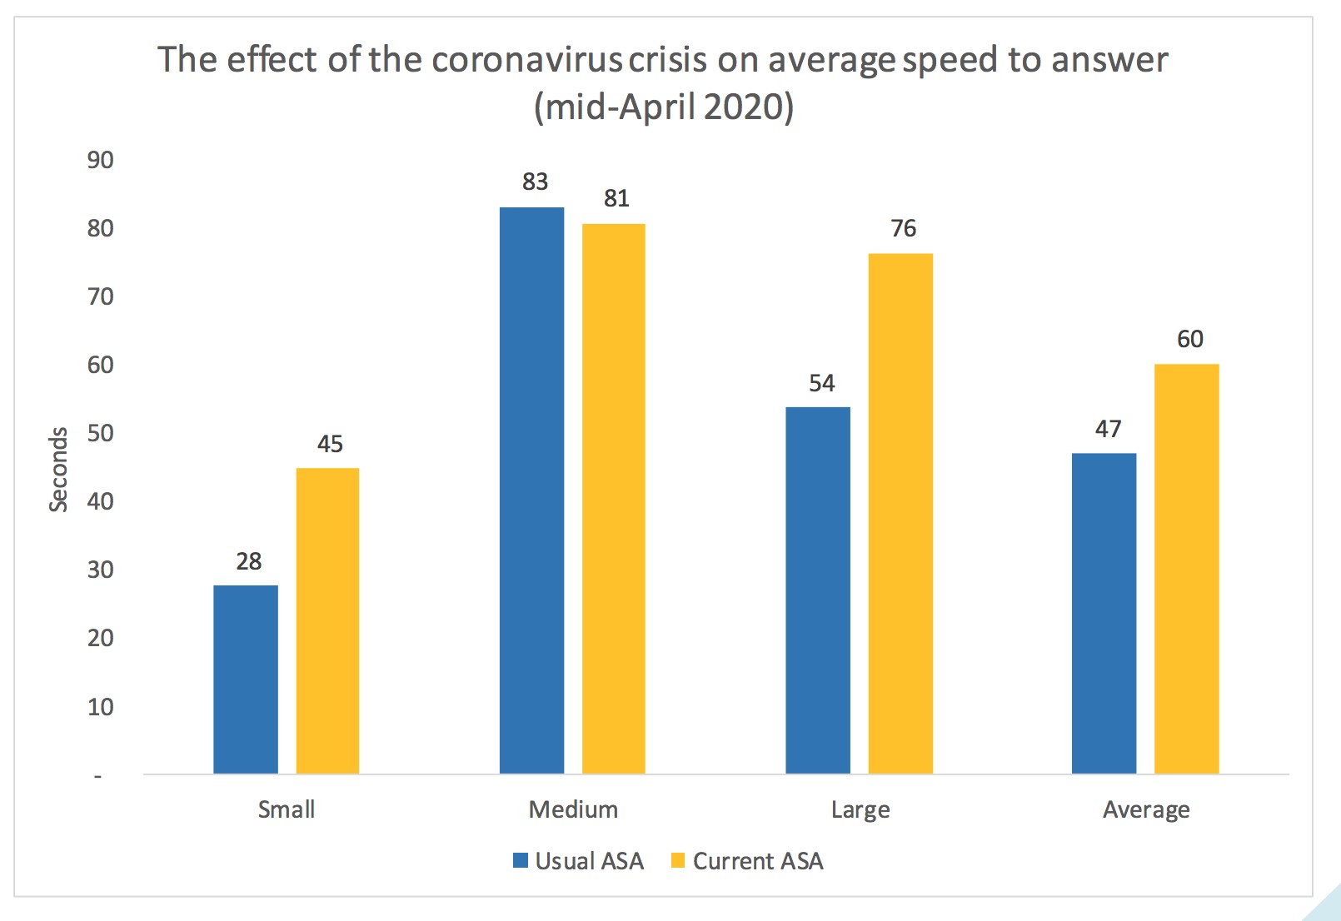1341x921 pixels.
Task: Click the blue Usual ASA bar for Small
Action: pos(246,679)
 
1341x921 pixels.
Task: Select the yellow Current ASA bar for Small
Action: pos(327,620)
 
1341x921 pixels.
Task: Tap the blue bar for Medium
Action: pos(531,490)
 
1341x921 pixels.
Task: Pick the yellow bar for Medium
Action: pos(613,498)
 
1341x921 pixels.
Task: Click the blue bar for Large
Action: pos(818,590)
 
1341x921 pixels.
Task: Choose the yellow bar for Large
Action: pos(900,513)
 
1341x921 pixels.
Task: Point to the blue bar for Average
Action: pos(1104,613)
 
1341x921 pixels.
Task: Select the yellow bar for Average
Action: pos(1186,568)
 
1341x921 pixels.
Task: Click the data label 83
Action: pos(535,182)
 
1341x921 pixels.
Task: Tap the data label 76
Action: pos(903,228)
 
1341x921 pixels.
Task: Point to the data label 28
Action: pos(248,561)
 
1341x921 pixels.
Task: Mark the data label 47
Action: pos(1108,429)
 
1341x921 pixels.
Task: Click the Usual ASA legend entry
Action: pos(579,861)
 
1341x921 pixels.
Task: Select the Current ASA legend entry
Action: pos(747,861)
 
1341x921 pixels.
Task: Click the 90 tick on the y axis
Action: pos(100,160)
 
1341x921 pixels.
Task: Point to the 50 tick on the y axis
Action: pos(100,433)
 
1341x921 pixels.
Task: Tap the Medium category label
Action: pos(573,809)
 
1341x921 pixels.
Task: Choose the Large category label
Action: pos(860,809)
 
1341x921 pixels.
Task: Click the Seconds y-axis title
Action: pos(57,469)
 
